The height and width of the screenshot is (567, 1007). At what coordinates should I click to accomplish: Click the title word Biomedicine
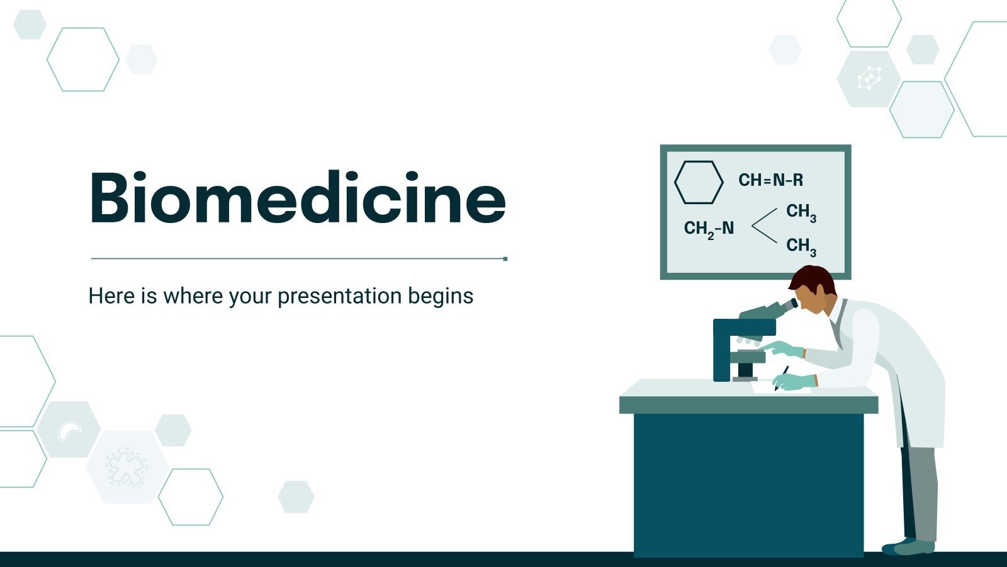(x=297, y=198)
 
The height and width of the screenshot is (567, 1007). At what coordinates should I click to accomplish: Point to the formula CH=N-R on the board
(x=770, y=180)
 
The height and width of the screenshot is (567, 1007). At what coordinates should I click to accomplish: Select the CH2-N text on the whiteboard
(x=709, y=228)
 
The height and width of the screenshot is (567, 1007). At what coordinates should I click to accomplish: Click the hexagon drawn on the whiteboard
(x=699, y=182)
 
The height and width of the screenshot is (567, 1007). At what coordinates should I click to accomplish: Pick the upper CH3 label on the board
(x=801, y=212)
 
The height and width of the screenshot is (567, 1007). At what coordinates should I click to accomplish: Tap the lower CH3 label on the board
(x=801, y=246)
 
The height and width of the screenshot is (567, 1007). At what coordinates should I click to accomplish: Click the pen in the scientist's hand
(x=782, y=375)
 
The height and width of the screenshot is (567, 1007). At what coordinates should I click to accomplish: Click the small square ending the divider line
(x=505, y=258)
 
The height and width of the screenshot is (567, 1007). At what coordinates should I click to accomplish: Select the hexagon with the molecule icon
(x=869, y=79)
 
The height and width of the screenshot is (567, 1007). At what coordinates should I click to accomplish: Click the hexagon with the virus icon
(x=127, y=467)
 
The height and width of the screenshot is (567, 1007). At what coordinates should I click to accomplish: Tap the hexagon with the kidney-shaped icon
(x=68, y=430)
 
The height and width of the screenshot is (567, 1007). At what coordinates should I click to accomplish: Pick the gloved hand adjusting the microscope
(x=784, y=348)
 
